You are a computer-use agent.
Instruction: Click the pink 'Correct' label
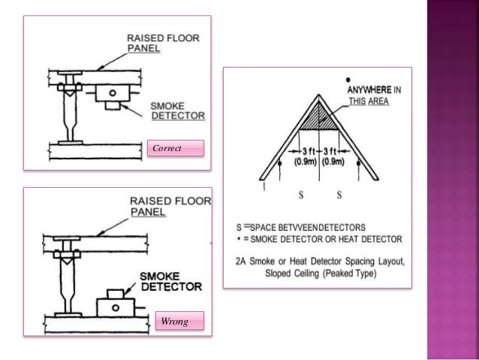pyautogui.click(x=176, y=149)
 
